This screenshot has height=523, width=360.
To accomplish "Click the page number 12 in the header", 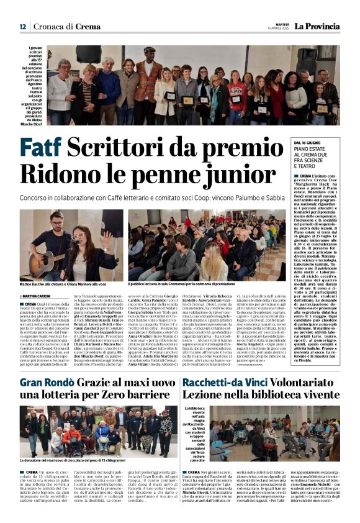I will click(x=22, y=27).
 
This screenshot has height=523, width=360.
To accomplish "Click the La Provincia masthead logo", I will click(x=317, y=27).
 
